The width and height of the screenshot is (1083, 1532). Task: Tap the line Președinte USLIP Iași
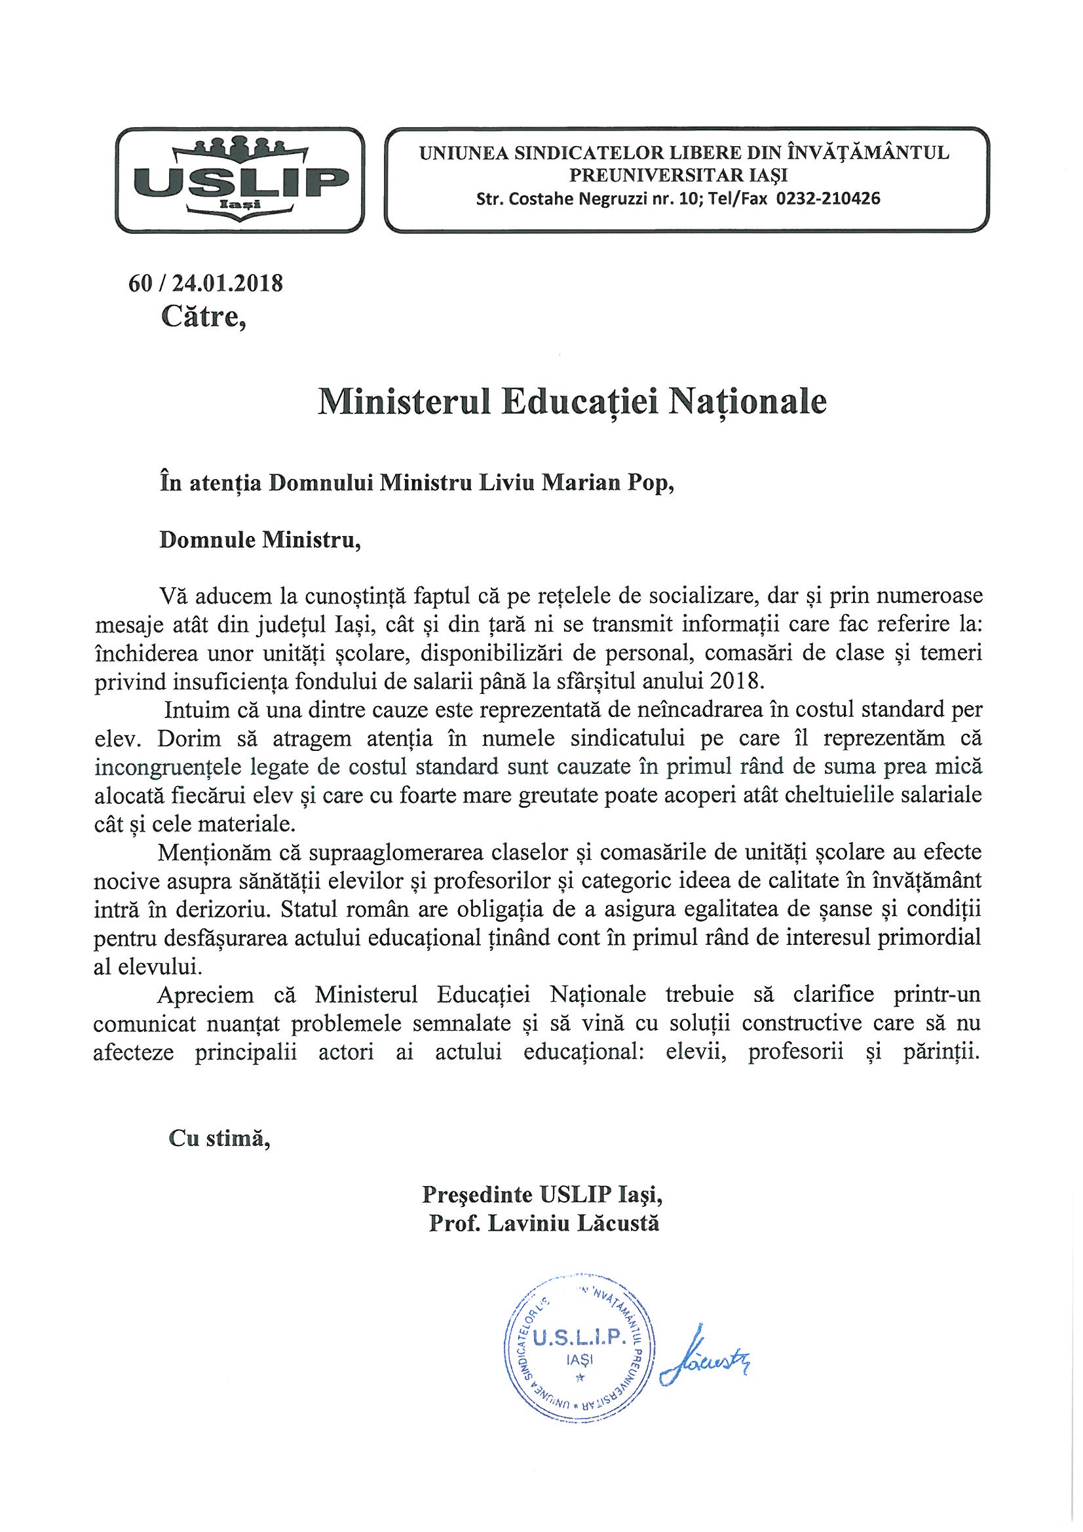542,1195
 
